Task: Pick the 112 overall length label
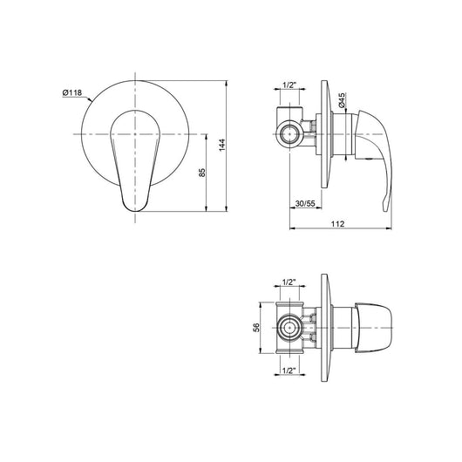pyautogui.click(x=337, y=224)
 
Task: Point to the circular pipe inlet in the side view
pyautogui.click(x=289, y=133)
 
